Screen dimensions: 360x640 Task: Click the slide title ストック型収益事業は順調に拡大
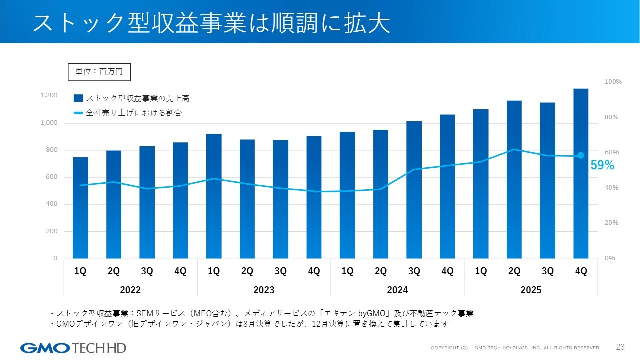(x=211, y=23)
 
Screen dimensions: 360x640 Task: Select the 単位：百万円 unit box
(x=99, y=72)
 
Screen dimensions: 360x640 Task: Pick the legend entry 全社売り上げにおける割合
(x=127, y=113)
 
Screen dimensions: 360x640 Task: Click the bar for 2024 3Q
(x=414, y=190)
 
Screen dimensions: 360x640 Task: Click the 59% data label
(x=602, y=166)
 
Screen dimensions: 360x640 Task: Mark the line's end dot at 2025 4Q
(x=581, y=156)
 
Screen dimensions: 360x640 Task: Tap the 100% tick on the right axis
(x=613, y=82)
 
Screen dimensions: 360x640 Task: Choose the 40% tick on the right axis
(x=612, y=188)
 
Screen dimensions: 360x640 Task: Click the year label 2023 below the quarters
(x=264, y=290)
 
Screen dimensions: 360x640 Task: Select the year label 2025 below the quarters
(x=531, y=290)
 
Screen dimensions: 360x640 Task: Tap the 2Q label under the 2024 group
(x=381, y=271)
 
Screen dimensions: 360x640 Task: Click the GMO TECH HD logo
(x=73, y=348)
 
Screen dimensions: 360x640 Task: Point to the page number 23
(x=621, y=347)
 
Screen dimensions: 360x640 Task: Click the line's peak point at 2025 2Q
(x=514, y=149)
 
